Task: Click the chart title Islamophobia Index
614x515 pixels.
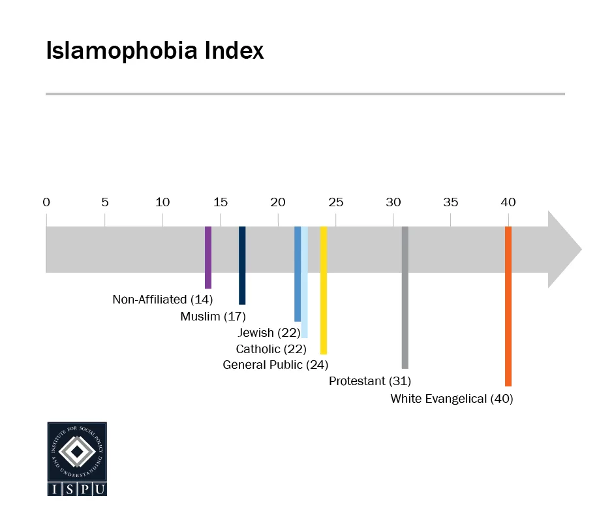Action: pyautogui.click(x=155, y=51)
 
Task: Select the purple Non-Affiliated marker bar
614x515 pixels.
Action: pyautogui.click(x=208, y=257)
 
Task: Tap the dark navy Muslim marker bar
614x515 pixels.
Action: pyautogui.click(x=242, y=265)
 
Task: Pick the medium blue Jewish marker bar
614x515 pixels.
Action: pyautogui.click(x=298, y=274)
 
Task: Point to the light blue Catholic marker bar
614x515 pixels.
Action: pyautogui.click(x=305, y=282)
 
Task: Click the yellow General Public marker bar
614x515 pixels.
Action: pyautogui.click(x=324, y=290)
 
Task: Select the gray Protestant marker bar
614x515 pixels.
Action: pyautogui.click(x=405, y=297)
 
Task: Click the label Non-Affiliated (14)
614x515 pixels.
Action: pyautogui.click(x=162, y=300)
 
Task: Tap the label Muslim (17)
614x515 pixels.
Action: pyautogui.click(x=213, y=317)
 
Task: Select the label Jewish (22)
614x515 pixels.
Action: pyautogui.click(x=269, y=333)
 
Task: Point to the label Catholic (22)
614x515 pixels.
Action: pyautogui.click(x=271, y=349)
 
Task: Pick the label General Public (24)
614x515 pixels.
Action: pyautogui.click(x=275, y=364)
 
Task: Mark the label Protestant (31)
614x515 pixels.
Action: pyautogui.click(x=369, y=381)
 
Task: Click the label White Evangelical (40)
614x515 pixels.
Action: pyautogui.click(x=452, y=398)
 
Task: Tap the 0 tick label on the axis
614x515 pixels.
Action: pyautogui.click(x=46, y=202)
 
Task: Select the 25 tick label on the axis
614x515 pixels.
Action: pyautogui.click(x=335, y=202)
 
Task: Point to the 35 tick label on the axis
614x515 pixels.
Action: pyautogui.click(x=451, y=202)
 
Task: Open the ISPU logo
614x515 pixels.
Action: pyautogui.click(x=77, y=459)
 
